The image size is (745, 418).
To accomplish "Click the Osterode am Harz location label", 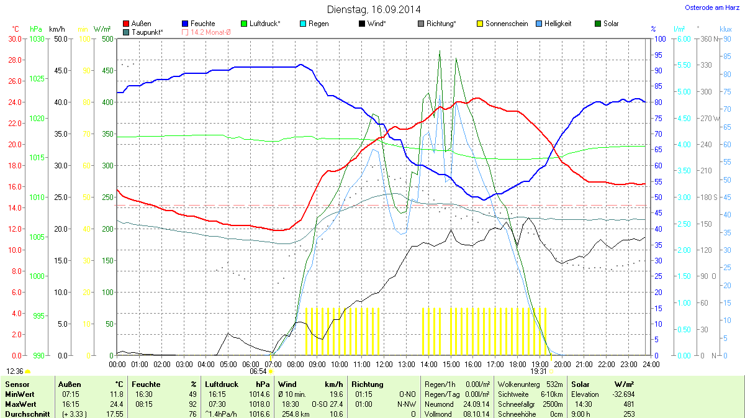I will [708, 7].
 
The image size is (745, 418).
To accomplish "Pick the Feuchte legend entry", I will [202, 24].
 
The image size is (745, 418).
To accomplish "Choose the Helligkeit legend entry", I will [558, 24].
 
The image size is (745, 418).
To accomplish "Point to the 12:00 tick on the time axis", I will [384, 364].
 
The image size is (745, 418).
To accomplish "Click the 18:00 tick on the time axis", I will [517, 364].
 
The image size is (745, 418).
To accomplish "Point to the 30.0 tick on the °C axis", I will [14, 39].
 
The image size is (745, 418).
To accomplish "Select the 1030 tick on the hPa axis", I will [37, 39].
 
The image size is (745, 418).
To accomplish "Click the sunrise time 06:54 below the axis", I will [258, 371].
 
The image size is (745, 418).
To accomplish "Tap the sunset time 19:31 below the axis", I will [539, 371].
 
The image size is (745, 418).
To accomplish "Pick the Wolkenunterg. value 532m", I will [555, 384].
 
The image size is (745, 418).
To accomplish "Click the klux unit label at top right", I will [725, 29].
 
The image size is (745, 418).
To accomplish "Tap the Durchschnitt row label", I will [27, 414].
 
